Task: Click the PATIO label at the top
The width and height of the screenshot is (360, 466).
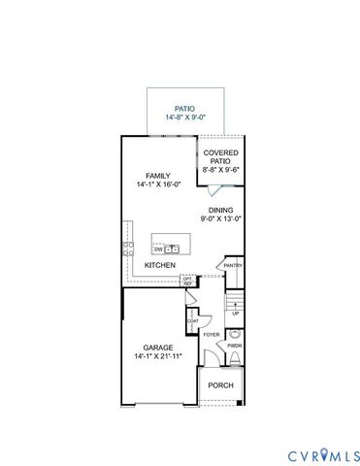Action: click(184, 110)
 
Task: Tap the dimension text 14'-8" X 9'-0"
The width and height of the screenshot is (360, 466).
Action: click(184, 119)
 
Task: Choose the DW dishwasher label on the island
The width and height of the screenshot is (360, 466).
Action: click(157, 250)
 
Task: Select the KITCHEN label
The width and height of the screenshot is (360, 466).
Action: click(159, 265)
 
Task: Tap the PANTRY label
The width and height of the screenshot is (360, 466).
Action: click(233, 265)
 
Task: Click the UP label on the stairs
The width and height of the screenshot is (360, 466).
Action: click(234, 314)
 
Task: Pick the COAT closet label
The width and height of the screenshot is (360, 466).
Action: click(193, 320)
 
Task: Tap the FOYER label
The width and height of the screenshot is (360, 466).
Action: click(212, 335)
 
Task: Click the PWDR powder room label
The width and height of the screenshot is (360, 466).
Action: click(234, 345)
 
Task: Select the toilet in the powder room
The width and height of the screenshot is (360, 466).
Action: click(234, 359)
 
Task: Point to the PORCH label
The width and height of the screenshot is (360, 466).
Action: click(220, 385)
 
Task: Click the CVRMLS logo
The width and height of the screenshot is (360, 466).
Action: click(324, 454)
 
